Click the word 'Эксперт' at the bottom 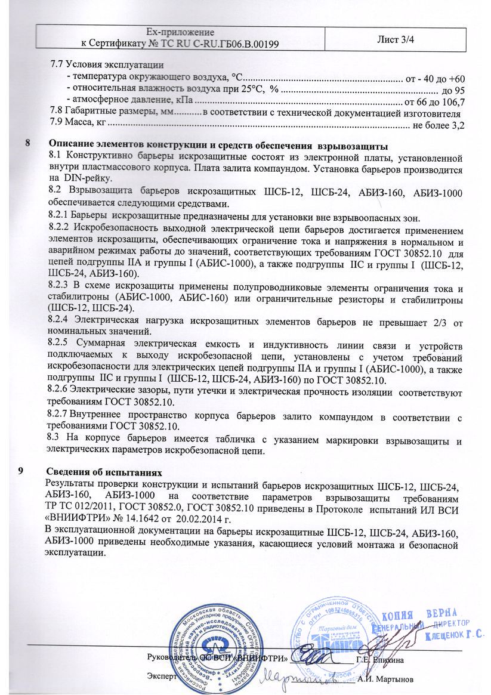point(162,678)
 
